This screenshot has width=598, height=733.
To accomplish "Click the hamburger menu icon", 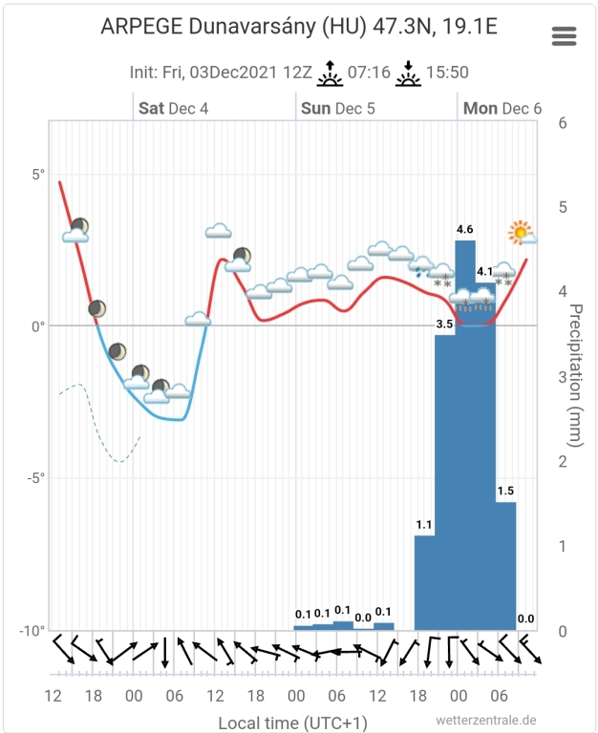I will [x=564, y=36].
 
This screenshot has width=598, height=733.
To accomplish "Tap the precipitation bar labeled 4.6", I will [x=465, y=429].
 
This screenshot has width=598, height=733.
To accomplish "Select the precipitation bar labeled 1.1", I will [x=424, y=582].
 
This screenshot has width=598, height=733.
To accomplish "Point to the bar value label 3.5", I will [x=444, y=325].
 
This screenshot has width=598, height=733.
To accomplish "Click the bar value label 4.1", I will [x=485, y=272].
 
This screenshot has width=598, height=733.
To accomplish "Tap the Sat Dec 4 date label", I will [x=173, y=108].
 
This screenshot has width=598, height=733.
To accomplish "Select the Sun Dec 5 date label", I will [x=337, y=108].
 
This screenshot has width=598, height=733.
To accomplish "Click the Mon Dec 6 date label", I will [x=502, y=108].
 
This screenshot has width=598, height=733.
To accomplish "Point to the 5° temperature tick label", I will [x=38, y=175].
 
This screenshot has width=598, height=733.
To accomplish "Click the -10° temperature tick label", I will [x=32, y=630].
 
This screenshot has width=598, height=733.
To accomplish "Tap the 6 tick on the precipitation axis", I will [x=564, y=123].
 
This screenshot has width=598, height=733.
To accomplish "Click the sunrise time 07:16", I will [x=367, y=72].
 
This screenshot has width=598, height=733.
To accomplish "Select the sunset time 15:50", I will [x=446, y=72].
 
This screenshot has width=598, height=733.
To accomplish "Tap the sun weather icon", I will [x=521, y=232].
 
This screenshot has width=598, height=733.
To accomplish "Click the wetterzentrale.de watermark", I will [x=485, y=721].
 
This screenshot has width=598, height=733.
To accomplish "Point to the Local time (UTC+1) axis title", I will [x=292, y=722].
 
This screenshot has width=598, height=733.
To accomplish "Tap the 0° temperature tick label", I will [x=38, y=326].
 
